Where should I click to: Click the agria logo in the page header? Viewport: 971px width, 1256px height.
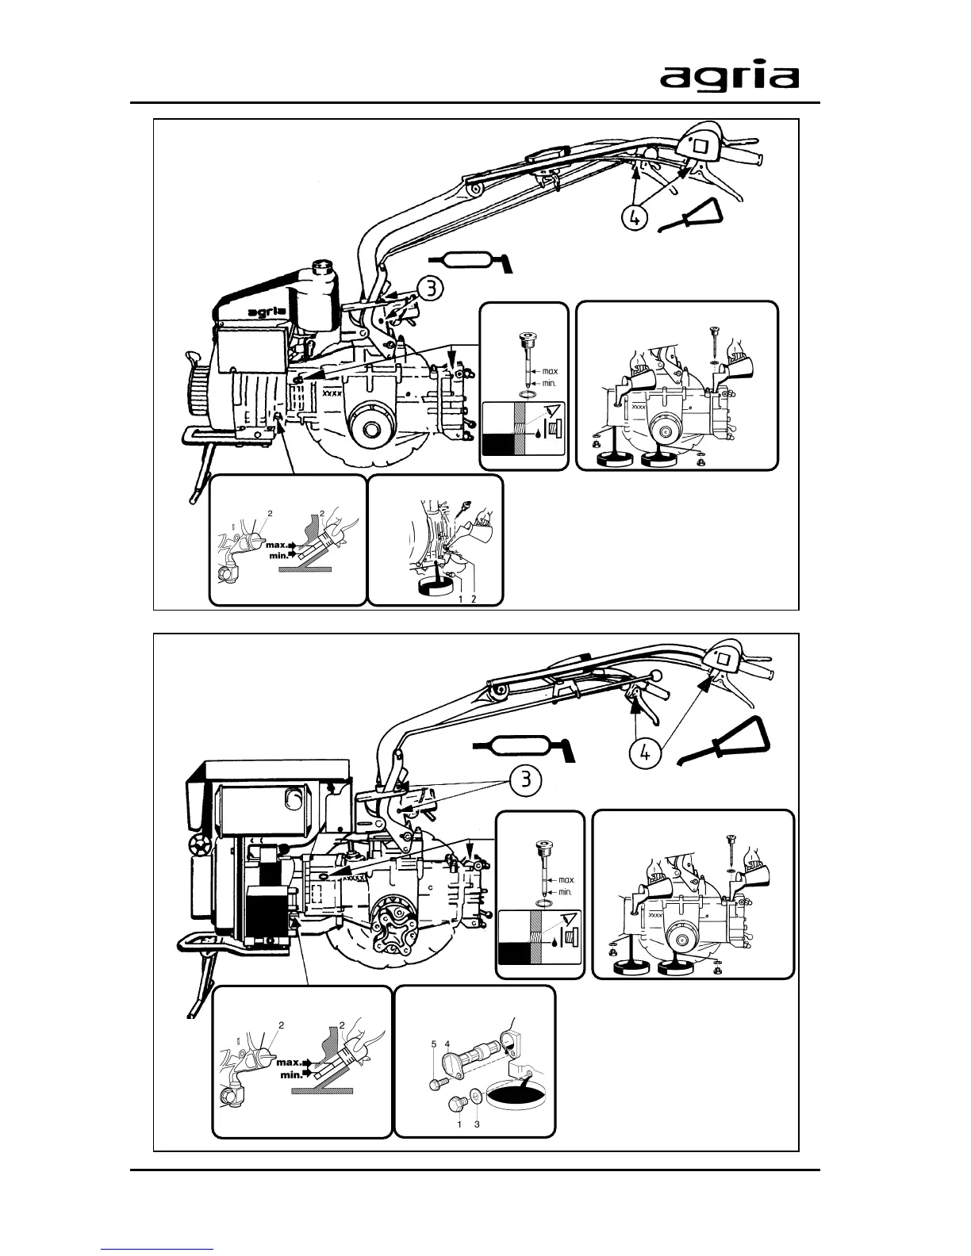point(730,77)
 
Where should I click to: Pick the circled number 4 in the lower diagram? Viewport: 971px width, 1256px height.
point(646,753)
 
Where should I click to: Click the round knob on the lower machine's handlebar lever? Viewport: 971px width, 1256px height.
point(655,675)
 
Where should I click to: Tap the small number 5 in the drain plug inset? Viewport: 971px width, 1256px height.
point(434,1044)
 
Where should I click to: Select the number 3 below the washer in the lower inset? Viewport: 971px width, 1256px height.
point(477,1124)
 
